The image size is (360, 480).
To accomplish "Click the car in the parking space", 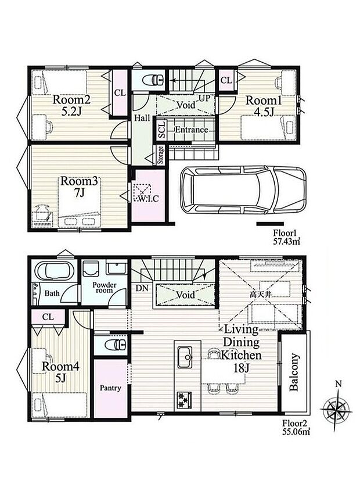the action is point(243,191).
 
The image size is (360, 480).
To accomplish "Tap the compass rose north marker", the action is point(338,384).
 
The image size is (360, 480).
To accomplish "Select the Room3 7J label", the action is point(79,187).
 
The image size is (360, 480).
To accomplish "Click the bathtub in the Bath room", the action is point(55,271).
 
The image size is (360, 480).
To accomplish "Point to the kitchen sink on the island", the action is point(185,357).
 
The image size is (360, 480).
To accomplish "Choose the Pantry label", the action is point(110,388).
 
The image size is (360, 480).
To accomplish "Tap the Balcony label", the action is point(294,372).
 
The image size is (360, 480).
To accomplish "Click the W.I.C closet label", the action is point(147,199).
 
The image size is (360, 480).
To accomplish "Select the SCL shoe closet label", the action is point(161,130).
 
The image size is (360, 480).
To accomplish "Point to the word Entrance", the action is point(192,130).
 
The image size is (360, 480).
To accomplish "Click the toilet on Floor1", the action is point(153,80).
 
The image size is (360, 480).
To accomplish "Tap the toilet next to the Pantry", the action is point(116,345).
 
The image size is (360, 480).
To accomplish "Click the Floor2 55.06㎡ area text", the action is point(296,428).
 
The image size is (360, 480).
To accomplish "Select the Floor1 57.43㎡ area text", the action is point(287,237).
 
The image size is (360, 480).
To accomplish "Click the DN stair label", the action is point(142,288).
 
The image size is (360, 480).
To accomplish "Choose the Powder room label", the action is point(105,288).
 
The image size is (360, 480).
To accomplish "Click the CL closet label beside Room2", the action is point(120,92).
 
